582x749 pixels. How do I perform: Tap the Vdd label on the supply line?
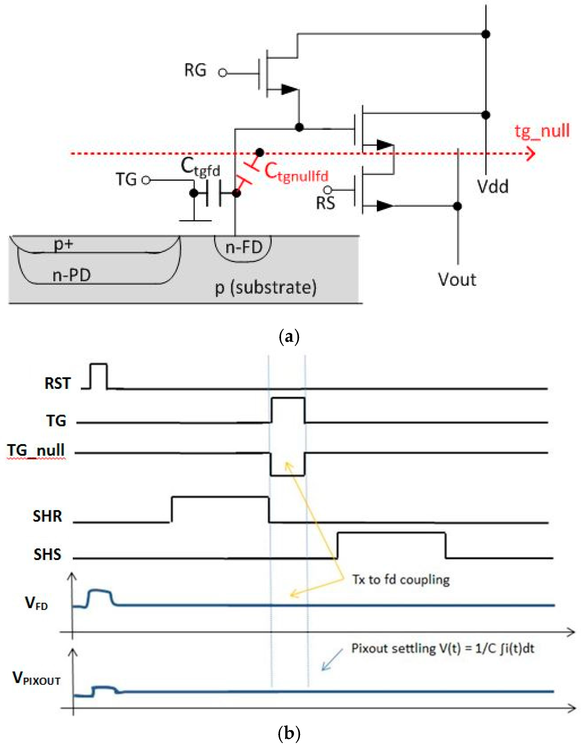tap(493, 187)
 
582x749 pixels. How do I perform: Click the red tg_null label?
tap(542, 131)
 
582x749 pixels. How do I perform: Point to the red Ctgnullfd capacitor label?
tap(296, 173)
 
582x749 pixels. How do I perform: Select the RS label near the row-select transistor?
tap(325, 203)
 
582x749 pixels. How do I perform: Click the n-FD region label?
tap(244, 247)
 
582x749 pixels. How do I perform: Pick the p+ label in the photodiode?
tap(64, 244)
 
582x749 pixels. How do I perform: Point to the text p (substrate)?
tap(266, 288)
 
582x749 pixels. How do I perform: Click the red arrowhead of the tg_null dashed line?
tap(531, 153)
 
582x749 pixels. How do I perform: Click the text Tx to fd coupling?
tap(401, 579)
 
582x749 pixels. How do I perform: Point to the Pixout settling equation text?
tap(443, 648)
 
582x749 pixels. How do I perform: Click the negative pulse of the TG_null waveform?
tap(288, 475)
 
